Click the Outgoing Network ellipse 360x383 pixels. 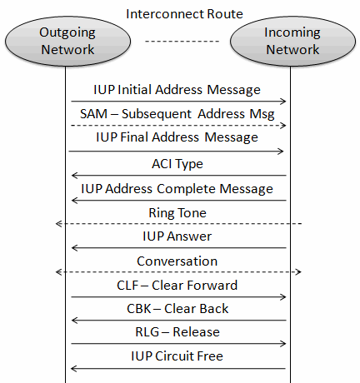(67, 41)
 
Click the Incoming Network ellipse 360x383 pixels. (292, 41)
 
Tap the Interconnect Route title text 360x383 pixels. (184, 14)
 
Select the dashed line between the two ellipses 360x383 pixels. (182, 42)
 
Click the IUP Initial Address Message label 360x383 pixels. (177, 90)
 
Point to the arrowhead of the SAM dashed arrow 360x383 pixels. (283, 126)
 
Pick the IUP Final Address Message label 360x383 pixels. (177, 137)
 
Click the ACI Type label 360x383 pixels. (177, 164)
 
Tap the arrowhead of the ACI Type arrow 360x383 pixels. (74, 176)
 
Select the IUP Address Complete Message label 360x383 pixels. (177, 189)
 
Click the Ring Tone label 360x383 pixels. (177, 213)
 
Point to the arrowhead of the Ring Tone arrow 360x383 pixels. (59, 223)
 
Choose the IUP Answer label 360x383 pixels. (177, 236)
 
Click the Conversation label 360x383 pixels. (177, 261)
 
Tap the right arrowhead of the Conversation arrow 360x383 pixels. (298, 271)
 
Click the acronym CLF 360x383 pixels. (127, 286)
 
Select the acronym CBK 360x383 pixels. (139, 309)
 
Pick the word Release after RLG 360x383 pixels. (196, 332)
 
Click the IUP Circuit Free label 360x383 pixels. (177, 356)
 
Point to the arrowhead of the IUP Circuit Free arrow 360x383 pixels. (74, 369)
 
